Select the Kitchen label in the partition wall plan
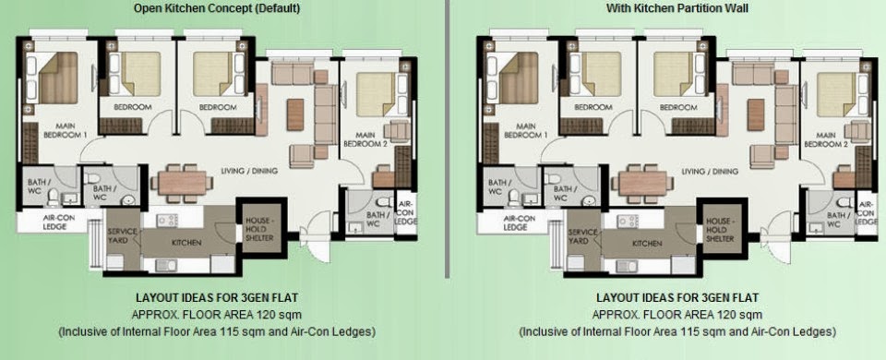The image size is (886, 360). click(x=646, y=243)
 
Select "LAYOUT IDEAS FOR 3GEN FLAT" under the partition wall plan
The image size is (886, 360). click(x=677, y=298)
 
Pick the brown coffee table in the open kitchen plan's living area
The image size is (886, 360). click(x=295, y=114)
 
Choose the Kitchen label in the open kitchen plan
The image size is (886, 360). click(x=186, y=243)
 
